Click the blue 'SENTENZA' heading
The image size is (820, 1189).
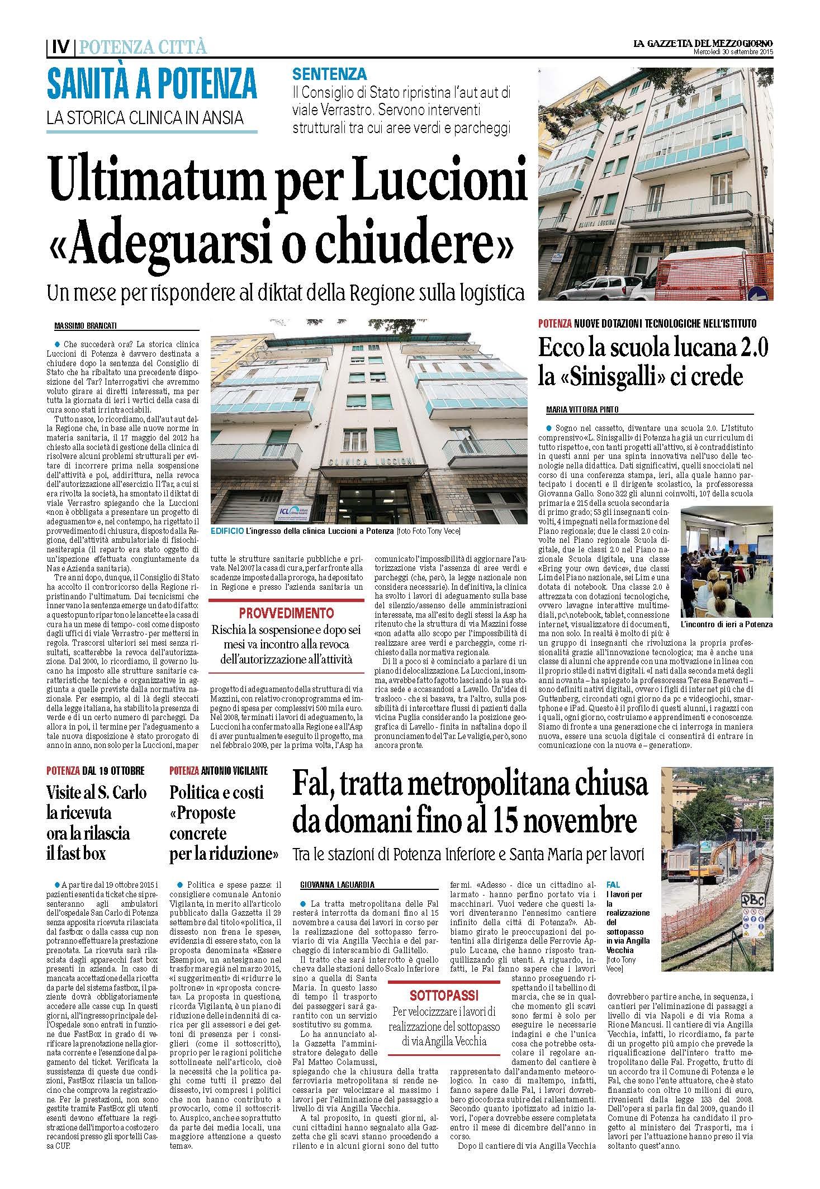[x=330, y=74]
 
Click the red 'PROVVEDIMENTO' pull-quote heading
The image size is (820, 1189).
[x=286, y=613]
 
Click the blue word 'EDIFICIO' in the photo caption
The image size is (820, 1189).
[x=226, y=530]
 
